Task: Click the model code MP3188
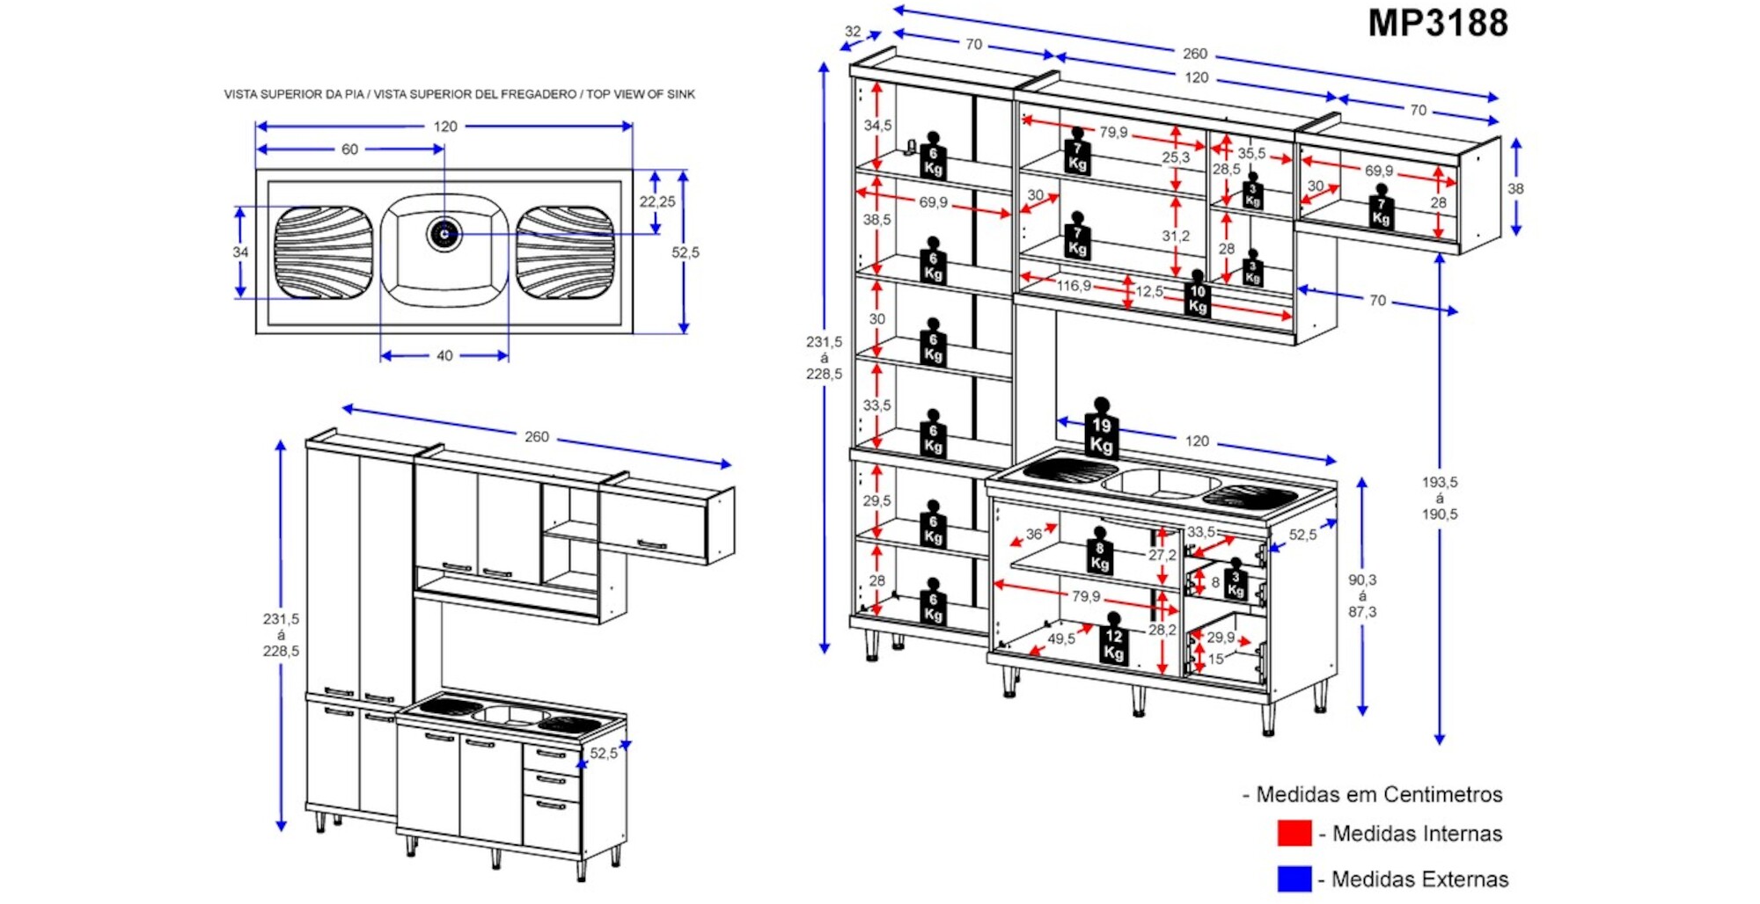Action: tap(1437, 23)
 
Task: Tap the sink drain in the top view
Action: tap(444, 234)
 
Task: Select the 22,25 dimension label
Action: tap(656, 201)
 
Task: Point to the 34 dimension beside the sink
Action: tap(240, 252)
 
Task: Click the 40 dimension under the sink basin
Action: tap(444, 356)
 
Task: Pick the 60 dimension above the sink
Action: tap(349, 149)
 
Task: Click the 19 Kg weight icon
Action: tap(1101, 431)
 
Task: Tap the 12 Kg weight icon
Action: tap(1113, 643)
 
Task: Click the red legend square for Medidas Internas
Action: tap(1294, 833)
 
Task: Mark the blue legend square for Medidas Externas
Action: tap(1294, 878)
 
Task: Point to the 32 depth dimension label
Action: tap(853, 32)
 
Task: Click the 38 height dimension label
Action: tap(1515, 188)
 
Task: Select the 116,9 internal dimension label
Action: tap(1074, 286)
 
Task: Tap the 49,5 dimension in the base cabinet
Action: tap(1060, 638)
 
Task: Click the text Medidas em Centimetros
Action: tap(1378, 794)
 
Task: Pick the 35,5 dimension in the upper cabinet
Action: tap(1251, 153)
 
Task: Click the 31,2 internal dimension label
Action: tap(1176, 236)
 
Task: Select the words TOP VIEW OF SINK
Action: tap(641, 94)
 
